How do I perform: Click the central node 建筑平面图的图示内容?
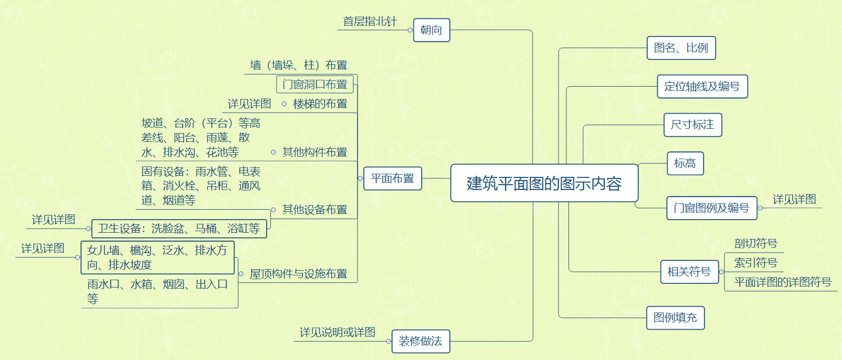[544, 183]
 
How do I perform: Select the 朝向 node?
[431, 30]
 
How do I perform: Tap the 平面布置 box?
[393, 178]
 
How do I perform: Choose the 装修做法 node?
[420, 341]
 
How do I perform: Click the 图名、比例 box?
[681, 48]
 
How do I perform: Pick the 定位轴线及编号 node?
[702, 87]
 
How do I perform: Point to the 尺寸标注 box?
[692, 125]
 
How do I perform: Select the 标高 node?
[685, 164]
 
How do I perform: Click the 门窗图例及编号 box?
[711, 208]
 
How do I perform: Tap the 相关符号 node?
[689, 272]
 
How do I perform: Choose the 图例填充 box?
[675, 318]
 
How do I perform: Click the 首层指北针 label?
[370, 22]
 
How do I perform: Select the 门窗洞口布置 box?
[315, 85]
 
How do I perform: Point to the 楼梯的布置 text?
[320, 104]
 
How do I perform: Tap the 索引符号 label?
[755, 263]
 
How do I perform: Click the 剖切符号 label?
[755, 244]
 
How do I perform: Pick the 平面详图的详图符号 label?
[782, 282]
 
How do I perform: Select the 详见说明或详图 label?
[337, 332]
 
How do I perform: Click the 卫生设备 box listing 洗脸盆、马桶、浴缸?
[179, 229]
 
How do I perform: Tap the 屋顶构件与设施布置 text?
[298, 274]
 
